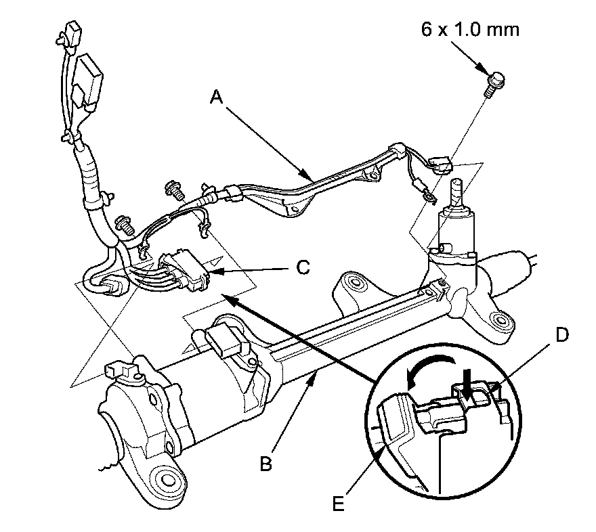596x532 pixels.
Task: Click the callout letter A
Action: coord(216,97)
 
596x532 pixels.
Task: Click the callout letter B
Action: coord(266,464)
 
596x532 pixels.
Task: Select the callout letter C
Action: coord(303,267)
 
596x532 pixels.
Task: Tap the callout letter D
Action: coord(561,335)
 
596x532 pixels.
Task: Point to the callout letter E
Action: coord(338,504)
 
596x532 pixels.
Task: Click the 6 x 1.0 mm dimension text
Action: coord(470,30)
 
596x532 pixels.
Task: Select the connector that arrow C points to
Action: coord(184,272)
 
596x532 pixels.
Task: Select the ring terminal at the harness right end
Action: coord(429,198)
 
